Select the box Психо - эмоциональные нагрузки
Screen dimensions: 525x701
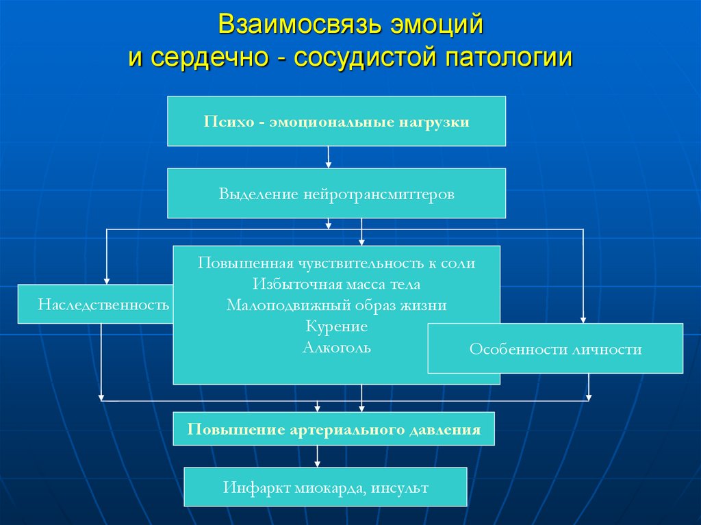(x=336, y=122)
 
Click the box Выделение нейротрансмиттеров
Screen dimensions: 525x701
(x=336, y=194)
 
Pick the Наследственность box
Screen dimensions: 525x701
(x=96, y=303)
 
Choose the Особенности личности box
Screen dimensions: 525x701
(x=555, y=349)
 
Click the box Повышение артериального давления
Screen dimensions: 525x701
(x=333, y=430)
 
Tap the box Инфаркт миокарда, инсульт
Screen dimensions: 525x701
(x=325, y=487)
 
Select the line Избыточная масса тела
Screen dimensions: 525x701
(x=336, y=283)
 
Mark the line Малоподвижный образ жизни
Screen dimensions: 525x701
(x=336, y=305)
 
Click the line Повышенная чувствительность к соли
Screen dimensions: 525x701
(x=336, y=263)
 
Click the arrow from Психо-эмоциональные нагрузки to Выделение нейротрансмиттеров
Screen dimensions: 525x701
(x=329, y=157)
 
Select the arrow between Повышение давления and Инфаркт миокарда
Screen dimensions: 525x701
(x=316, y=457)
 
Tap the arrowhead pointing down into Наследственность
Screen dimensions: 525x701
(x=106, y=279)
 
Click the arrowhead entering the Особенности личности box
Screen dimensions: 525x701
(x=583, y=318)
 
